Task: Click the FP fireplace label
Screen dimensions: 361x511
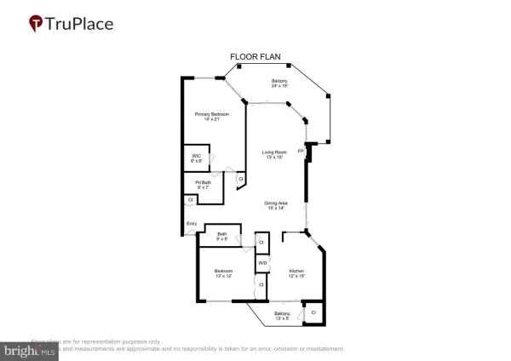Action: tap(300, 151)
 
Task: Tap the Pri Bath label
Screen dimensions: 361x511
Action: tap(203, 185)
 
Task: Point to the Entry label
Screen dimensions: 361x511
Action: tap(192, 224)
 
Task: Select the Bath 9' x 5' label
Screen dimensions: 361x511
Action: tap(221, 237)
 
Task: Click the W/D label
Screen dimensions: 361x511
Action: tap(262, 263)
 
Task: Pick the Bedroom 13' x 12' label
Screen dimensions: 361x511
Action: tap(223, 273)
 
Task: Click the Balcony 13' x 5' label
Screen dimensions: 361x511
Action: tap(282, 316)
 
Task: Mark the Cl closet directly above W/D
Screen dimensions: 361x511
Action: tap(261, 243)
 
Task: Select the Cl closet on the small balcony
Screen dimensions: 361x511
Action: tap(313, 312)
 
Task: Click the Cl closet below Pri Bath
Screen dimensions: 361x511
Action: tap(190, 200)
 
